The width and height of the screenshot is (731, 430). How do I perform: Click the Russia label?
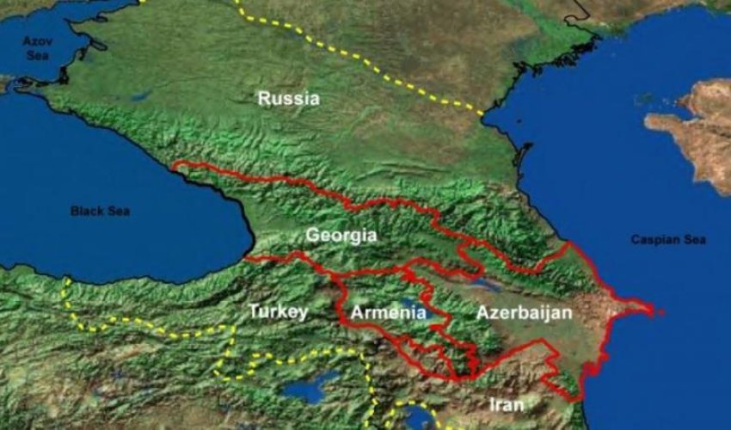288,99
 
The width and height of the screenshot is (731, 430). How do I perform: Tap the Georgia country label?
341,235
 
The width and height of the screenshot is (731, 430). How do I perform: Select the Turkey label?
278,311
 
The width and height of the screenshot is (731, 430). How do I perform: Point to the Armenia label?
388,313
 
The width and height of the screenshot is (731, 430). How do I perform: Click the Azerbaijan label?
524,313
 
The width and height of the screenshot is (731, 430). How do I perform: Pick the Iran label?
506,403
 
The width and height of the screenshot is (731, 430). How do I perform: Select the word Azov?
37,40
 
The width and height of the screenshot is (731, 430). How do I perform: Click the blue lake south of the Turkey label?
310,387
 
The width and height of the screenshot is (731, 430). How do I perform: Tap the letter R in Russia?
263,99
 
